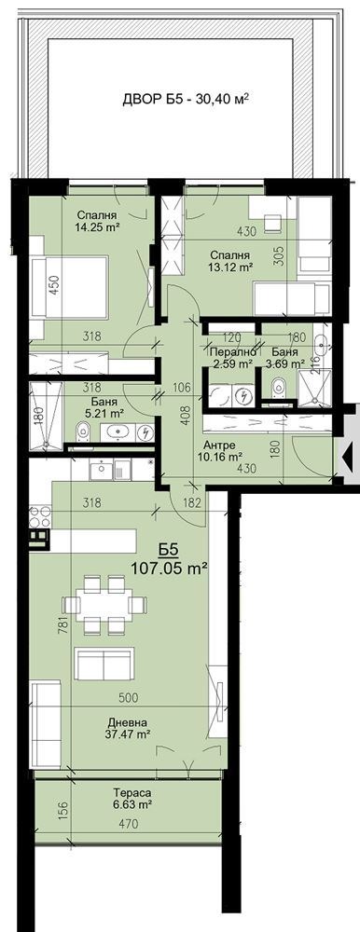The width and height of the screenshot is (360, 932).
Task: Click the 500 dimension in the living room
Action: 130,696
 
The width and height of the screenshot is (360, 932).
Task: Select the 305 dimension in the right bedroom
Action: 279,255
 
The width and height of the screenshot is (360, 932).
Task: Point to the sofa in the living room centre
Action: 103,666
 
